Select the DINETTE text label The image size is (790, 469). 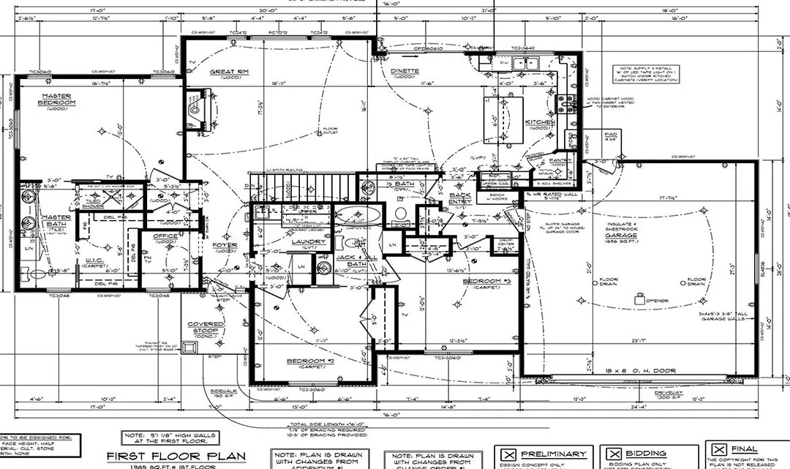[x=404, y=71]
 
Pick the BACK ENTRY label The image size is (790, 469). [x=460, y=198]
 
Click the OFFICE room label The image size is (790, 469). [x=165, y=236]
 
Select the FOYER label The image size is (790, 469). [x=225, y=246]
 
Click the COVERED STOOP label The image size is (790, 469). [x=205, y=328]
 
